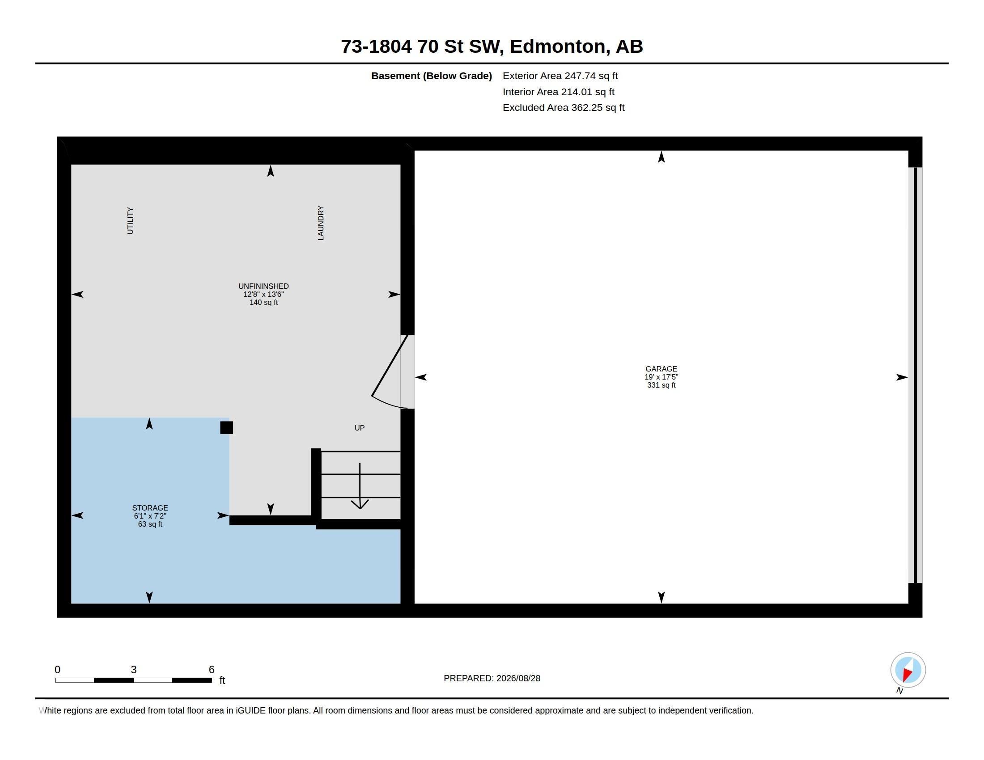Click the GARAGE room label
click(661, 369)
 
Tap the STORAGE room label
click(150, 508)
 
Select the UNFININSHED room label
click(263, 287)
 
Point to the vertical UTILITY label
click(130, 220)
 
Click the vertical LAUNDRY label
click(321, 223)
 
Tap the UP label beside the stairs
click(360, 428)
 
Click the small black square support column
click(227, 428)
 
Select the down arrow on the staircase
click(360, 486)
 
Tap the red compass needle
click(908, 675)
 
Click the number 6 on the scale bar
click(212, 670)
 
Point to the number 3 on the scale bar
click(134, 670)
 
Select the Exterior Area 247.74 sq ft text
click(560, 76)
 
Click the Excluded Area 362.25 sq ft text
click(564, 108)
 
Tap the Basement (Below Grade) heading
click(432, 76)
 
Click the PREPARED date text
click(492, 678)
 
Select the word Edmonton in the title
click(557, 46)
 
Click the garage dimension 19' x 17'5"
click(661, 377)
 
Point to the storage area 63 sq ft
click(150, 524)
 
